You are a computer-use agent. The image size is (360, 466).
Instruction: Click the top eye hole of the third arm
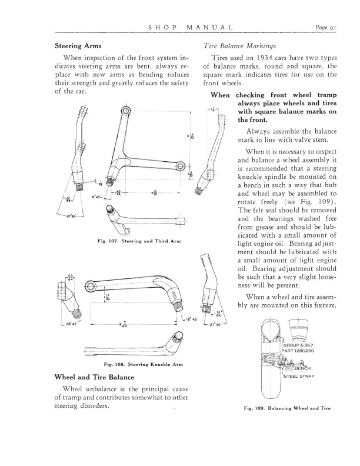[x=126, y=110]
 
